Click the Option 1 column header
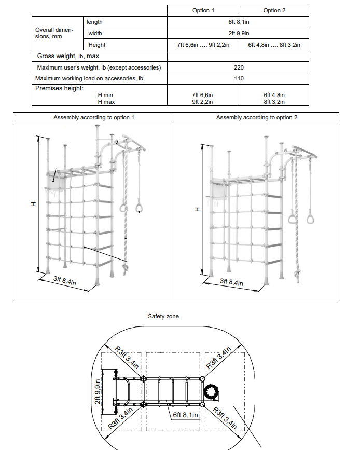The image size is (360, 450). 202,10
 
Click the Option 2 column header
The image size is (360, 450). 273,10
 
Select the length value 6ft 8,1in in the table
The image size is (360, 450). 238,22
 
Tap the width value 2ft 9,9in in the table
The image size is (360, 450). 238,33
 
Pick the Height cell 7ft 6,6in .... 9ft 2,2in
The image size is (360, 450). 202,45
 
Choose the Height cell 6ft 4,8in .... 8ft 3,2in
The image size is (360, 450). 274,45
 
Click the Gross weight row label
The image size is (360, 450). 68,56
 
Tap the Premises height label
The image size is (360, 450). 59,88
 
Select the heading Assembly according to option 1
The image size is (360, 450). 94,118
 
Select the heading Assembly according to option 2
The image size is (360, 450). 257,118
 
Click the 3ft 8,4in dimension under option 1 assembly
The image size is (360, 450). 65,281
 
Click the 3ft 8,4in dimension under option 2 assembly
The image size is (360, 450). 231,282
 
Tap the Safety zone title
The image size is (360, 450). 163,316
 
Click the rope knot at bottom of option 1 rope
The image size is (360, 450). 125,268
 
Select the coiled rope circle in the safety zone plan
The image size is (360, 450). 213,392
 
